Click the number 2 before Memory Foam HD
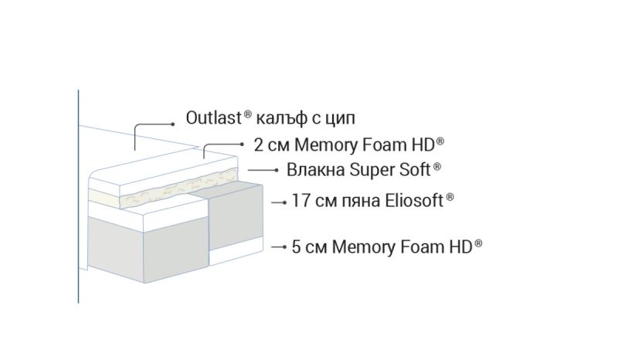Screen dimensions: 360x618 pyautogui.click(x=258, y=144)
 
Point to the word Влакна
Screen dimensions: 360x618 pyautogui.click(x=316, y=169)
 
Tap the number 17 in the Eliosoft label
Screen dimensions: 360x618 pyautogui.click(x=301, y=201)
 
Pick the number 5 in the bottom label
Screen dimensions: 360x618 pyautogui.click(x=297, y=247)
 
